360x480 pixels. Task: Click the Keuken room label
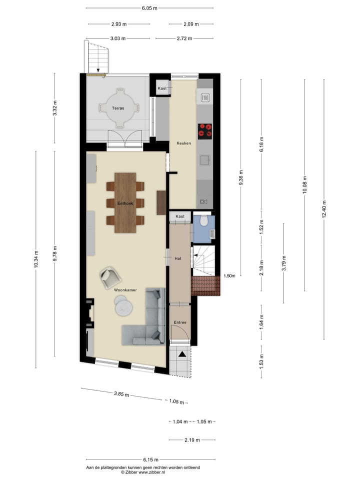click(x=183, y=143)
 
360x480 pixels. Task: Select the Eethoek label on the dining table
click(x=125, y=203)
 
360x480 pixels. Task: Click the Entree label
click(x=179, y=322)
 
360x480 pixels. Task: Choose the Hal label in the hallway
click(x=177, y=258)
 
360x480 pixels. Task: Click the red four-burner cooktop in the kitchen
click(x=205, y=130)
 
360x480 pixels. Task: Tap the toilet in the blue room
click(x=203, y=221)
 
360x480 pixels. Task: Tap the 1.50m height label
click(x=229, y=275)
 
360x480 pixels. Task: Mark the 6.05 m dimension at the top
click(x=149, y=8)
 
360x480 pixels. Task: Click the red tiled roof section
click(x=205, y=285)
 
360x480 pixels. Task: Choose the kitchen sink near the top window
click(x=204, y=97)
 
